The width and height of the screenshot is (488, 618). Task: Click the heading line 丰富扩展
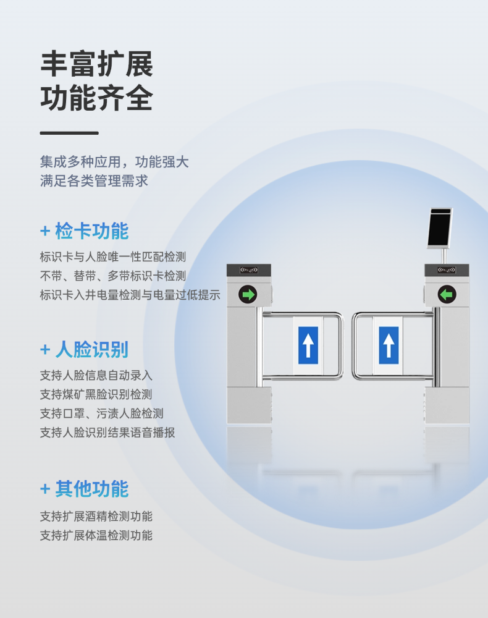click(x=96, y=64)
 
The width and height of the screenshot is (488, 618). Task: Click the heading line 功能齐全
click(x=96, y=98)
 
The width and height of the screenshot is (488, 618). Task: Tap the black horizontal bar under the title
click(x=69, y=133)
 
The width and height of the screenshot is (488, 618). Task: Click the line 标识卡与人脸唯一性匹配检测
click(x=112, y=257)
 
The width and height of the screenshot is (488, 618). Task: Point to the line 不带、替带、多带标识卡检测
click(x=112, y=276)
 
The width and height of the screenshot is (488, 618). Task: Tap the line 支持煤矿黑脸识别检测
click(x=96, y=394)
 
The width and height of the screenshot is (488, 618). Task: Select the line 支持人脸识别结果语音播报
click(x=107, y=433)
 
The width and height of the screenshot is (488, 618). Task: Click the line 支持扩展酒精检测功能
click(x=96, y=516)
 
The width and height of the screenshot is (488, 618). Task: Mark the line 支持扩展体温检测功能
click(x=96, y=536)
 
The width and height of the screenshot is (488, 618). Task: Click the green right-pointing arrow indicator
click(x=248, y=294)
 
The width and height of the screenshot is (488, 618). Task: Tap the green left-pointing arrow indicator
click(x=447, y=294)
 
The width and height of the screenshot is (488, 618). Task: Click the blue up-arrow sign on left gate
click(x=308, y=345)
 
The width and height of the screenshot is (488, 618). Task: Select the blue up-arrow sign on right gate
click(x=389, y=345)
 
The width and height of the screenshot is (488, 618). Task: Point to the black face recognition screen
click(x=440, y=228)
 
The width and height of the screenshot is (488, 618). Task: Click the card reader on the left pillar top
click(x=249, y=270)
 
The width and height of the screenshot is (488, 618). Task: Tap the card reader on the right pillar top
click(x=447, y=270)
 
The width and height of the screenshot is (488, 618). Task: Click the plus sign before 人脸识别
click(x=45, y=350)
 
